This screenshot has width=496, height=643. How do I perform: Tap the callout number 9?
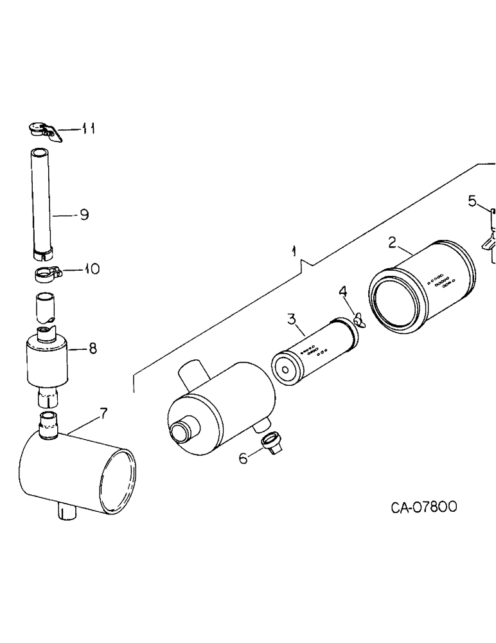click(84, 215)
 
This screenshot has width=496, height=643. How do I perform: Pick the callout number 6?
click(243, 459)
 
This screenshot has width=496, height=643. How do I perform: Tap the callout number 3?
click(291, 318)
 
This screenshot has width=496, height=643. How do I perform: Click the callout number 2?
click(391, 242)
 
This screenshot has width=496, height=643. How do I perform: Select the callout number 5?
click(473, 202)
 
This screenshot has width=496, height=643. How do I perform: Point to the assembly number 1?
click(294, 249)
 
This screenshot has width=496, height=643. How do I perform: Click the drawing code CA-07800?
click(424, 507)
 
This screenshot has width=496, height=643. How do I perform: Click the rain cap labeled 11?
click(43, 131)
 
